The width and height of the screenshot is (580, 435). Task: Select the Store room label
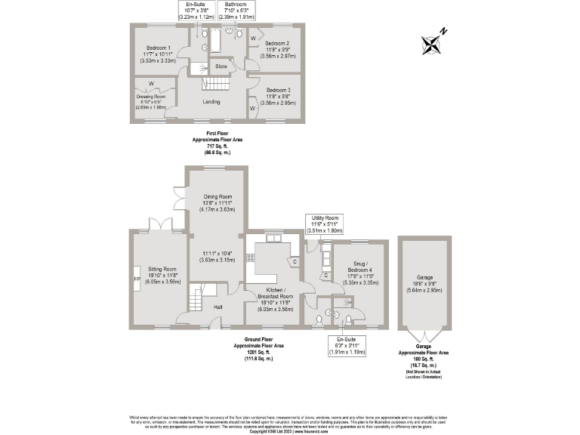tap(221, 66)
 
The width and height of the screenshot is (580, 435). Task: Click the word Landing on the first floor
tap(211, 101)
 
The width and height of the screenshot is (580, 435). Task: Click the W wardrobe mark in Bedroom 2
tap(252, 37)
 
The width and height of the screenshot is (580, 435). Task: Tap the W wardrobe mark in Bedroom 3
tap(252, 109)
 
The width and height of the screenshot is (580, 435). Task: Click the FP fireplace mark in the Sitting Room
tap(137, 278)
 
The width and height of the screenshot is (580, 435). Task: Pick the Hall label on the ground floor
tap(217, 307)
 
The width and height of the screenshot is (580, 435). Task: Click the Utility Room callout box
tap(326, 223)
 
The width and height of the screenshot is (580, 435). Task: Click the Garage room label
tap(427, 277)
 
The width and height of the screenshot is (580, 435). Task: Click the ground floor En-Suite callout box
tap(345, 345)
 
